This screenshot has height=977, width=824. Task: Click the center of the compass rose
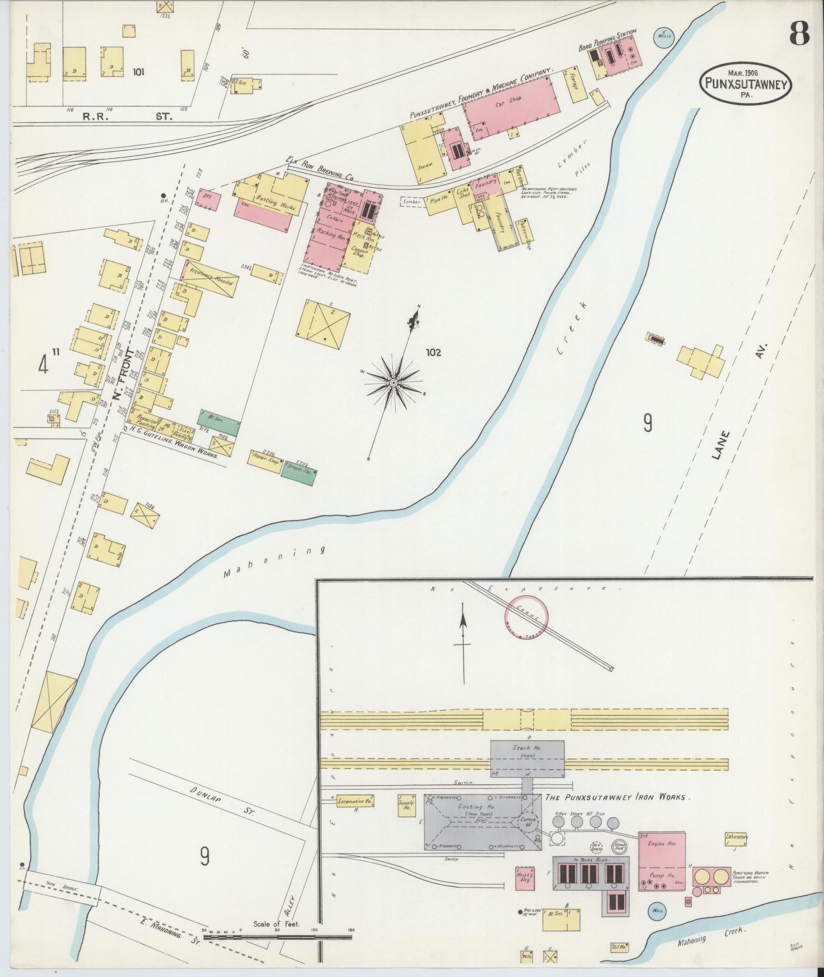point(394,383)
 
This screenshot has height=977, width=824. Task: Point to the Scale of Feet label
point(277,924)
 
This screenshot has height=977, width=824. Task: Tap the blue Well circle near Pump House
point(657,910)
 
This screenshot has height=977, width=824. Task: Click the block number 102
point(432,352)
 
